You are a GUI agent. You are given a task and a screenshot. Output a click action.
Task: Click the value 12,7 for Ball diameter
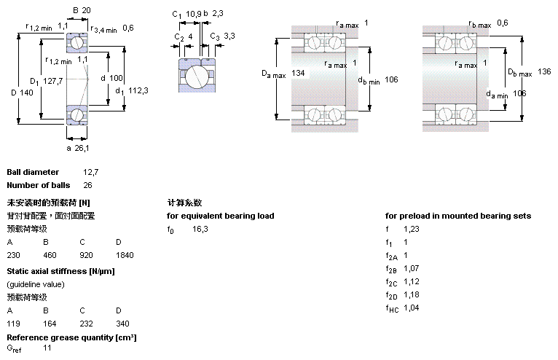coord(90,172)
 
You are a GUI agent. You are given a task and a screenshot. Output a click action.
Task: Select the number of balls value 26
coord(88,185)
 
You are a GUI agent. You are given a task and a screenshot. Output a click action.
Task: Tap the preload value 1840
coord(125,256)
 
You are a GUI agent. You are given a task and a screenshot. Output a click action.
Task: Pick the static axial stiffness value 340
coord(122,323)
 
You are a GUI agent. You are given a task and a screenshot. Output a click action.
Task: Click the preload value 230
coord(14,256)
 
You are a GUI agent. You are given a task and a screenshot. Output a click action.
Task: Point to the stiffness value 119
coord(14,323)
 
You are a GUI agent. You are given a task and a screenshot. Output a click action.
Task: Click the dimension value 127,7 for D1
coord(51,81)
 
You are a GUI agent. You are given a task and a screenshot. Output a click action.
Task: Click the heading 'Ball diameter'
coord(33,172)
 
